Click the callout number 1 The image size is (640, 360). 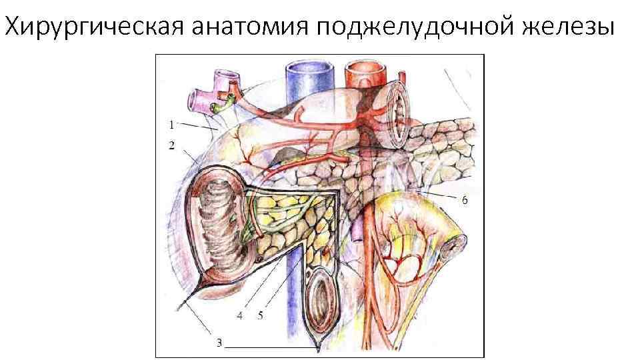pyautogui.click(x=171, y=123)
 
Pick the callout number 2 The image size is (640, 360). pyautogui.click(x=172, y=145)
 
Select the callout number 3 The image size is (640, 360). pyautogui.click(x=219, y=343)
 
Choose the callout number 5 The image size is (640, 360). pyautogui.click(x=260, y=314)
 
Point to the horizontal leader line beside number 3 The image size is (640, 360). pyautogui.click(x=270, y=347)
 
